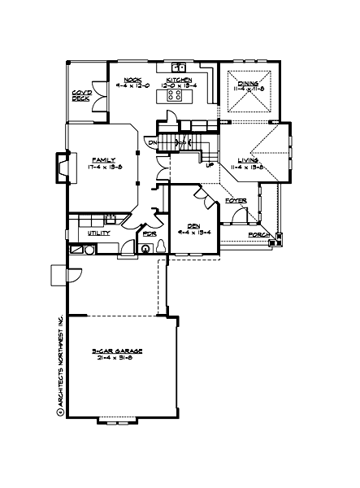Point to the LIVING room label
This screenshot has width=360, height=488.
pos(248,160)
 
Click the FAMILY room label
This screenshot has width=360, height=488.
pos(103,159)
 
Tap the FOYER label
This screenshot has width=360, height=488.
pos(236,199)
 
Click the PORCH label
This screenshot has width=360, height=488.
pos(259,235)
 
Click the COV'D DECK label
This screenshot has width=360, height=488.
pos(80,96)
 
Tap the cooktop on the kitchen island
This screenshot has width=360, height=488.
pos(174,95)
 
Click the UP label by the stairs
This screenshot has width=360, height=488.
pos(209,165)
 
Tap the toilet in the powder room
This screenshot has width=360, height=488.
pos(146,249)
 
